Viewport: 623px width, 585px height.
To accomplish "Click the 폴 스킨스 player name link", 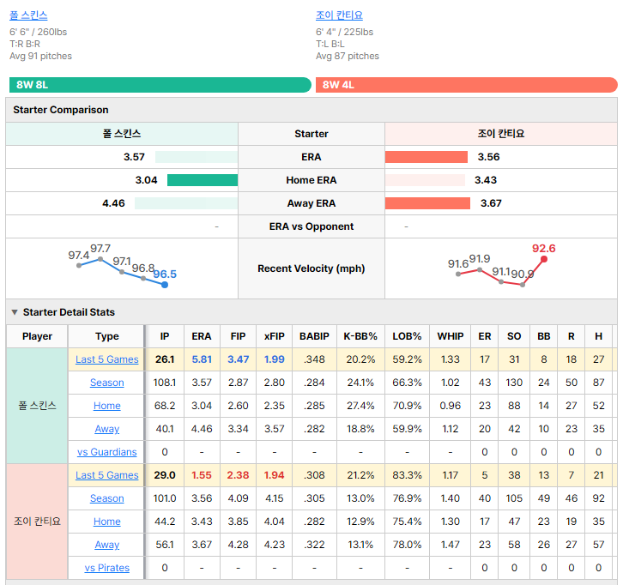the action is click(x=28, y=15).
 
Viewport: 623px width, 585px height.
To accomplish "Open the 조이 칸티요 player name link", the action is click(x=339, y=15).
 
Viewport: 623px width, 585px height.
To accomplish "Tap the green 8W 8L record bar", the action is click(x=160, y=85).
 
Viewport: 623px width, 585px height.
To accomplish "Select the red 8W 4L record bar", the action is click(x=467, y=85).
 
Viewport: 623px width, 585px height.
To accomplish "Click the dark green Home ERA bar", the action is click(x=203, y=180).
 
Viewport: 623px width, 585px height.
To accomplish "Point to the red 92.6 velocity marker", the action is click(x=544, y=259).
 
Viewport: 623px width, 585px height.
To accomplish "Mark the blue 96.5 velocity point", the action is click(x=165, y=285).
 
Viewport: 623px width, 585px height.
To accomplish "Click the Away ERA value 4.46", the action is click(x=113, y=203).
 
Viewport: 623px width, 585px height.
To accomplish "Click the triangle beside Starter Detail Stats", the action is click(x=15, y=312).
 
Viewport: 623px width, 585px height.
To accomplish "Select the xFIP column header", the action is click(x=274, y=336).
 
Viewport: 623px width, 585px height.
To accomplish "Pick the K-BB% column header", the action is click(x=360, y=336).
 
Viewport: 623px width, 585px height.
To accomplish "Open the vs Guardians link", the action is click(x=107, y=452).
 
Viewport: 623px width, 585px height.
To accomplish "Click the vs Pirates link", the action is click(x=107, y=568).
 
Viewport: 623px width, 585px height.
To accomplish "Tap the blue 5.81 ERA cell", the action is click(x=202, y=359).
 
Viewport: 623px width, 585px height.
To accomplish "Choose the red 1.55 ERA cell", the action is click(x=202, y=475).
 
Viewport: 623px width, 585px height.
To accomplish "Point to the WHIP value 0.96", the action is click(x=451, y=406).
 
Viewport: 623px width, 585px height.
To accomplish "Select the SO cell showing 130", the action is click(x=514, y=383).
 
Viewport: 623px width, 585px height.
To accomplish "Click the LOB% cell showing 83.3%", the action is click(x=407, y=475).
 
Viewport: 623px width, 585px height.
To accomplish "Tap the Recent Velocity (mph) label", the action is click(x=311, y=268).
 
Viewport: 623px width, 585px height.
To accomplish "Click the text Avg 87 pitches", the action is click(x=348, y=56).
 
